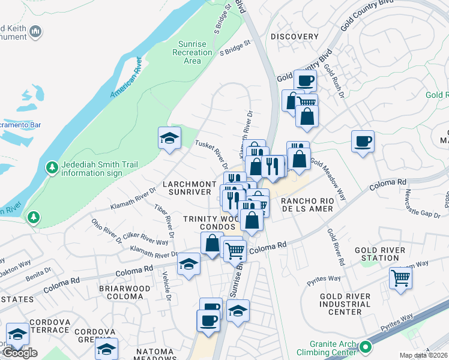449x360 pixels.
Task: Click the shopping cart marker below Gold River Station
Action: tap(400, 278)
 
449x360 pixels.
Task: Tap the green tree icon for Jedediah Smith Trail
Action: tap(52, 166)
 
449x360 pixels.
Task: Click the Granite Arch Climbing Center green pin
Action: tap(364, 347)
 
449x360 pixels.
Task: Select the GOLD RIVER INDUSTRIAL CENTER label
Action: tap(345, 304)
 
